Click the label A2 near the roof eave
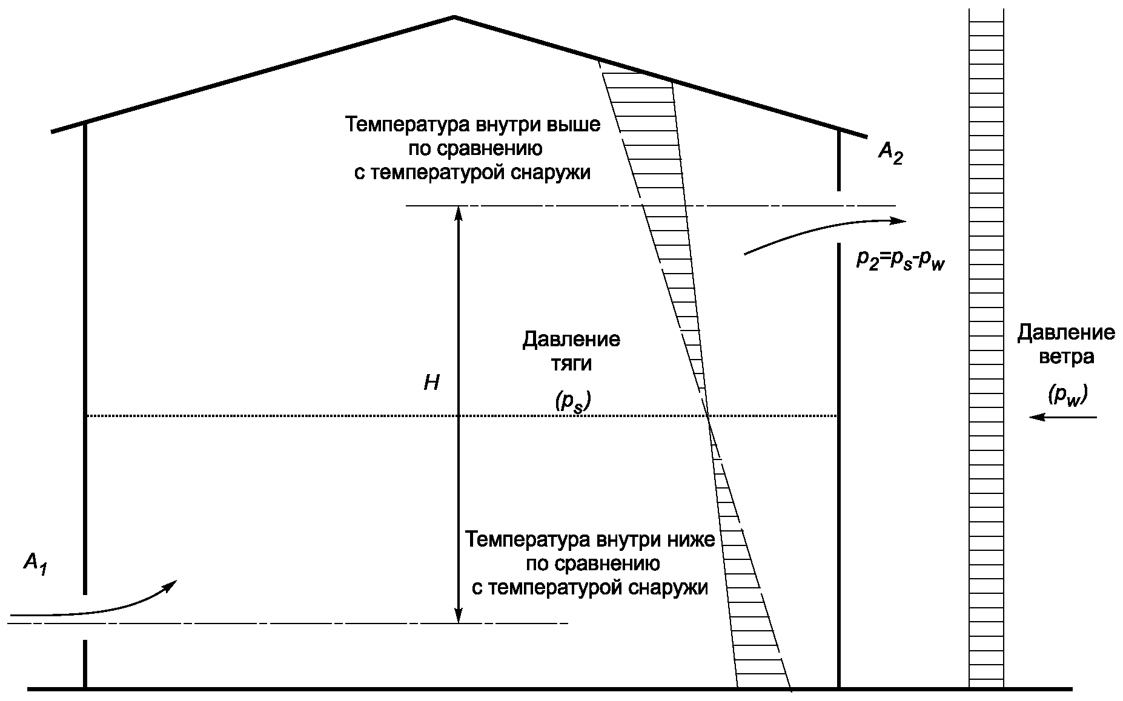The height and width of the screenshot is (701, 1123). (x=890, y=154)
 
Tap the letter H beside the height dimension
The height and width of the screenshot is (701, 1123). (x=431, y=383)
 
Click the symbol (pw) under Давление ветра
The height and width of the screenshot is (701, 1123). (x=1068, y=396)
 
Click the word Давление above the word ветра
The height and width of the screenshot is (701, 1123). (x=1066, y=332)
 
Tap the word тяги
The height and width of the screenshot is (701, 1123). (x=571, y=364)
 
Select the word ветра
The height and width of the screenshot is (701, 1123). (x=1066, y=357)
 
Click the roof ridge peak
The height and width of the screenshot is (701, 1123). (x=454, y=17)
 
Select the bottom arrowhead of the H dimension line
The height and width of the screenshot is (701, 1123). (x=459, y=617)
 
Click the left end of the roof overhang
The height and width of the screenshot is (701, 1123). (x=53, y=131)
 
